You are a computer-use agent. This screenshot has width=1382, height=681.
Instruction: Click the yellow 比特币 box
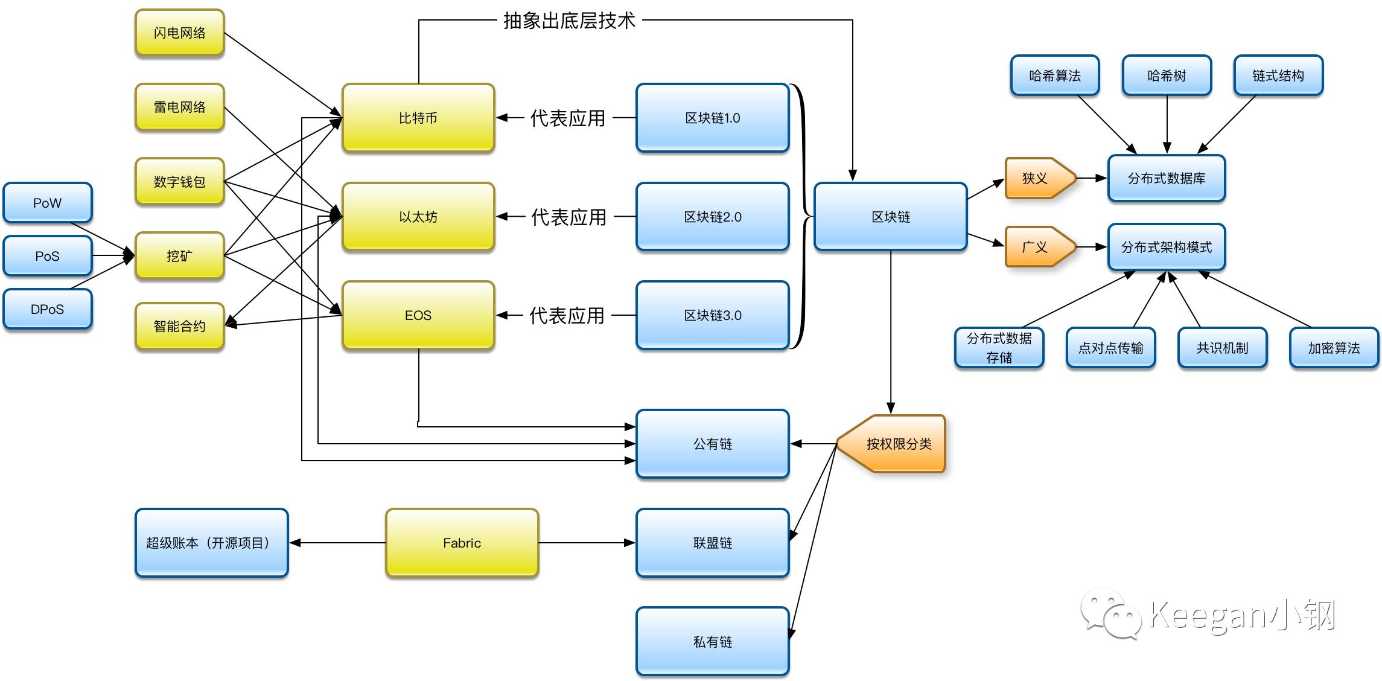click(418, 118)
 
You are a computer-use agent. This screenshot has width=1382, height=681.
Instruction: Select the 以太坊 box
click(418, 216)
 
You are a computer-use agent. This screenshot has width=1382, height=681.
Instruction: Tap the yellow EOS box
click(418, 315)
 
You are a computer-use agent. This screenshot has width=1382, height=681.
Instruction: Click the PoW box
click(47, 203)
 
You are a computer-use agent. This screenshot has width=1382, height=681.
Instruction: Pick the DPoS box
click(47, 309)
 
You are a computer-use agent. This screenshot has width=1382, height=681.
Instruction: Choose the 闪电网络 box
click(179, 33)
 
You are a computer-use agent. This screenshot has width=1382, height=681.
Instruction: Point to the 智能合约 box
click(179, 326)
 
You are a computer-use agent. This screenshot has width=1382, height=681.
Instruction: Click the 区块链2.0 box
click(712, 216)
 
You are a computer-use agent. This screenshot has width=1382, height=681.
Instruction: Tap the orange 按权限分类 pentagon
click(896, 444)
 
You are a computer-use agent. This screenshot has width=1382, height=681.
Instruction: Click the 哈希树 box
click(1166, 75)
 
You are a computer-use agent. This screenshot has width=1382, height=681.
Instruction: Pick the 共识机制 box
click(1222, 348)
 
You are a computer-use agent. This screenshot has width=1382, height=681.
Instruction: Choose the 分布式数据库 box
click(1166, 178)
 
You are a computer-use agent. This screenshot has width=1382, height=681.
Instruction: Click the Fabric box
click(462, 543)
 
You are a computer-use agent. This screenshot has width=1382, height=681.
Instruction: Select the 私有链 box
click(712, 641)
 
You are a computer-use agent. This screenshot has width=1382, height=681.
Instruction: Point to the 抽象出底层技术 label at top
click(569, 21)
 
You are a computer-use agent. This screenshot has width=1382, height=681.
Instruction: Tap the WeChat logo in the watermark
click(1110, 614)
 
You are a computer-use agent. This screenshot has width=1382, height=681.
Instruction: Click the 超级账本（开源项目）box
click(211, 543)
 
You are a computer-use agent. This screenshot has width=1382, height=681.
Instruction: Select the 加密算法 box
click(1334, 348)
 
